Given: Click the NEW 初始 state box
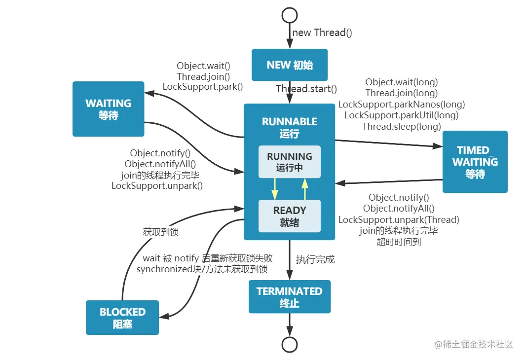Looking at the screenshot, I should pyautogui.click(x=290, y=65).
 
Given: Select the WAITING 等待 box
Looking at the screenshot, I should pyautogui.click(x=108, y=109).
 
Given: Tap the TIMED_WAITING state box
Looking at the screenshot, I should pyautogui.click(x=475, y=162).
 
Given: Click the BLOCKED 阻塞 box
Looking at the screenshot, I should pyautogui.click(x=122, y=318).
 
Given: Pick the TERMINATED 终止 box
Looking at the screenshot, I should pyautogui.click(x=290, y=297).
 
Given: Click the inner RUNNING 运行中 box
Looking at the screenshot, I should pyautogui.click(x=290, y=162).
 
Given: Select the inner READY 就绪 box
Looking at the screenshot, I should pyautogui.click(x=290, y=216).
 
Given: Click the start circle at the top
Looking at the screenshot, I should pyautogui.click(x=290, y=15).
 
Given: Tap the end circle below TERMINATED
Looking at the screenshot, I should pyautogui.click(x=290, y=344).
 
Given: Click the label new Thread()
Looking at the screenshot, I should pyautogui.click(x=322, y=33).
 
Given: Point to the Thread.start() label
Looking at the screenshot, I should pyautogui.click(x=306, y=89).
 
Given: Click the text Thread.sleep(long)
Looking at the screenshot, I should pyautogui.click(x=401, y=126).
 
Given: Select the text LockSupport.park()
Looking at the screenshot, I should pyautogui.click(x=203, y=87).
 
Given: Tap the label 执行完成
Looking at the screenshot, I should pyautogui.click(x=315, y=259).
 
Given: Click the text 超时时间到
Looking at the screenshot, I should pyautogui.click(x=399, y=242).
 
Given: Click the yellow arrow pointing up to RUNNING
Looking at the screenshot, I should pyautogui.click(x=305, y=188).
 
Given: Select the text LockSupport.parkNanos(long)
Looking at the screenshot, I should pyautogui.click(x=401, y=104).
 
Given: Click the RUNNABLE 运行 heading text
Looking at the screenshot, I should pyautogui.click(x=290, y=127).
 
